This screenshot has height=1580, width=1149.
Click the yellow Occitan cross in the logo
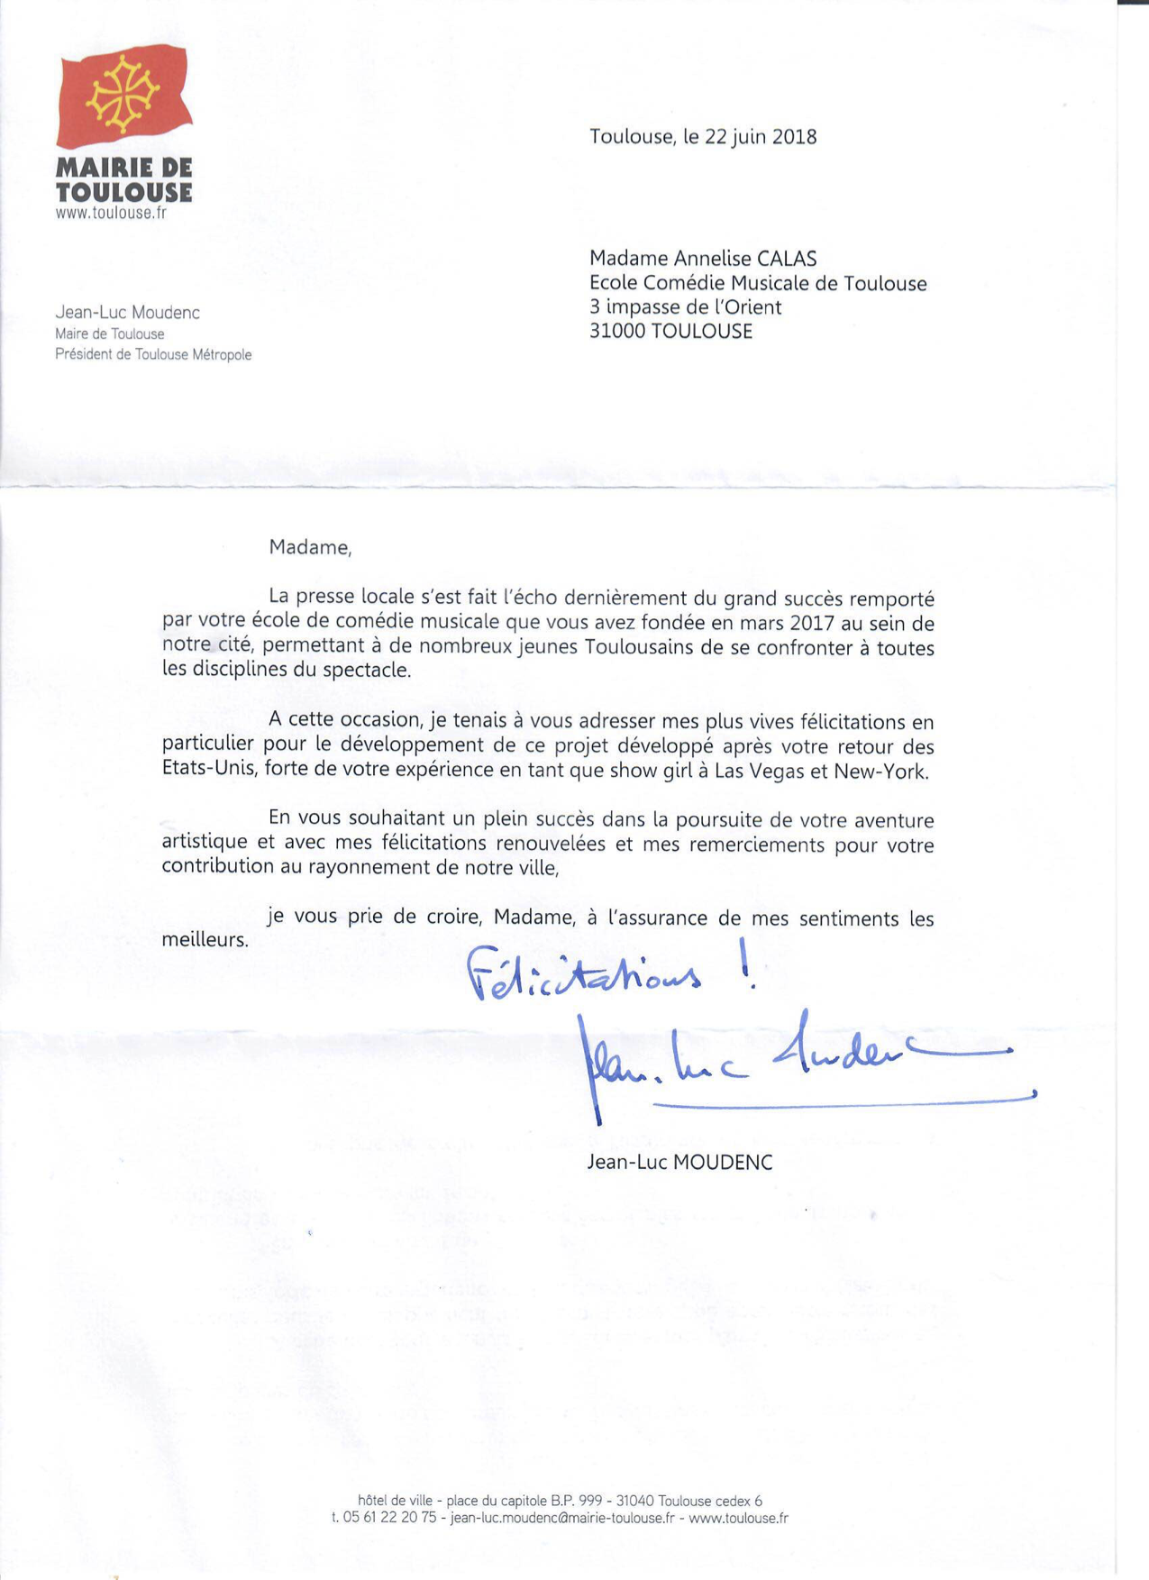click(123, 92)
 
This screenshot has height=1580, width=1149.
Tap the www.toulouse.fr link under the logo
click(111, 214)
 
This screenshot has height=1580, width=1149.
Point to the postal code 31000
click(617, 331)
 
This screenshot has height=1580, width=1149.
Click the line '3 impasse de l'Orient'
click(685, 307)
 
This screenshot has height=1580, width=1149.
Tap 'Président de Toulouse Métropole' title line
click(153, 355)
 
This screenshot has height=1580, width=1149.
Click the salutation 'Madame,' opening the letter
click(310, 548)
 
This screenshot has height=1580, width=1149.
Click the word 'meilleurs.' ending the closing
click(205, 940)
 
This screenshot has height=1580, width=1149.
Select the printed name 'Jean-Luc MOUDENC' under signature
click(679, 1163)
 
